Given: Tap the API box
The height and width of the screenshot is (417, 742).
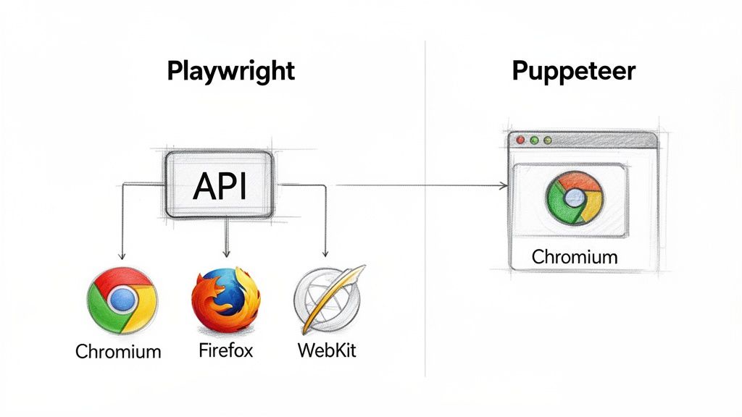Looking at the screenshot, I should [220, 185].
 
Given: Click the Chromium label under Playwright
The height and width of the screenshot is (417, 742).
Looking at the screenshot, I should [118, 353].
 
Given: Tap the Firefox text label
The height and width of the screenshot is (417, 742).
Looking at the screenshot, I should [225, 352].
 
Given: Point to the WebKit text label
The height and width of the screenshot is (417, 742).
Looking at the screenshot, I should [327, 352].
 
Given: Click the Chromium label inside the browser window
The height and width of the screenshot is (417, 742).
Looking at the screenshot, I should [574, 256].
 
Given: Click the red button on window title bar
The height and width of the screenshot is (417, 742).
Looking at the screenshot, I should [519, 140].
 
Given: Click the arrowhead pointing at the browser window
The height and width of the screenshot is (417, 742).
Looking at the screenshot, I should [504, 187].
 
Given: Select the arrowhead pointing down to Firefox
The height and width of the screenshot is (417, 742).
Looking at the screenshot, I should [226, 253].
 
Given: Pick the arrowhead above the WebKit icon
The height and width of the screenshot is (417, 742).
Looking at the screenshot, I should [325, 253].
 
